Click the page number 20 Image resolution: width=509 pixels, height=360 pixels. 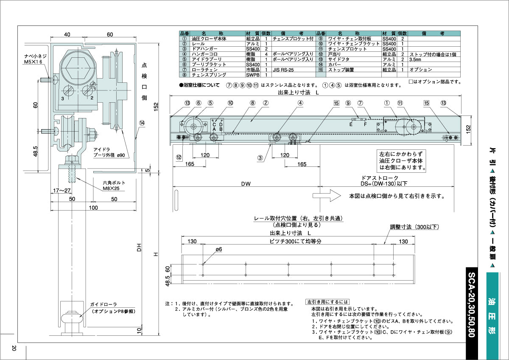[14, 348]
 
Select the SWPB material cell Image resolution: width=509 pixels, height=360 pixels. [253, 74]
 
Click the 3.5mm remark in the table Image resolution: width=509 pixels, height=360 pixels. [416, 59]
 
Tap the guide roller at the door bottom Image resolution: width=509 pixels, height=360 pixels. [70, 318]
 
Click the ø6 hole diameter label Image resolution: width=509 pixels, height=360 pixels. [219, 250]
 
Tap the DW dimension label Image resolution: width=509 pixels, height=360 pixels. [246, 183]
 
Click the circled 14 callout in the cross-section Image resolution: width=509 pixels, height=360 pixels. [142, 123]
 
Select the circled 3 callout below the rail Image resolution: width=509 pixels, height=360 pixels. [260, 158]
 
